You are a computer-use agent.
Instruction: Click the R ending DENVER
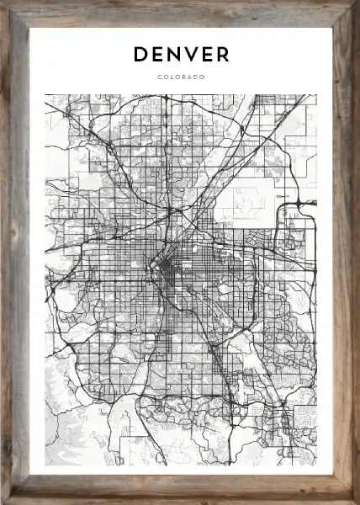(223, 55)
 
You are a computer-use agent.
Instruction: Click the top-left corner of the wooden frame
(3, 3)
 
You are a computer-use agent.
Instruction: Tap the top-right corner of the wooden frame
(357, 3)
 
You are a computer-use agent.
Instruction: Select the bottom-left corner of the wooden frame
(3, 502)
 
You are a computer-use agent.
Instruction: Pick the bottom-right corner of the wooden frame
(357, 502)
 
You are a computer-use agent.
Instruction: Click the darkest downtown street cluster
(165, 271)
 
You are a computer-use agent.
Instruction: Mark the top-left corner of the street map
(45, 94)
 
